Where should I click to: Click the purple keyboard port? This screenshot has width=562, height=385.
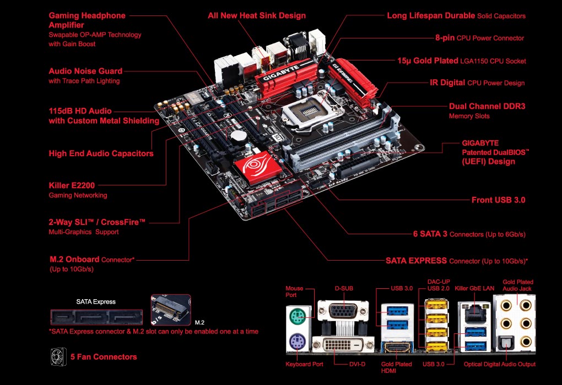[x=296, y=344]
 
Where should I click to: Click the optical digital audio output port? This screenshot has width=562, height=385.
[x=506, y=343]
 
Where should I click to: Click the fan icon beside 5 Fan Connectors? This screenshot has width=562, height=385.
[x=58, y=356]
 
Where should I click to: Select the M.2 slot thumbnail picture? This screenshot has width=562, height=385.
[x=171, y=310]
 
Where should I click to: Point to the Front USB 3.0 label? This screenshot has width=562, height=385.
[x=499, y=200]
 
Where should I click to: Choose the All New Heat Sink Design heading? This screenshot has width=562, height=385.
[x=256, y=15]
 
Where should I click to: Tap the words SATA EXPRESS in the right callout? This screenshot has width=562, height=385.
[x=416, y=260]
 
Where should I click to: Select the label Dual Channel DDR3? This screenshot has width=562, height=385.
[x=487, y=106]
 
